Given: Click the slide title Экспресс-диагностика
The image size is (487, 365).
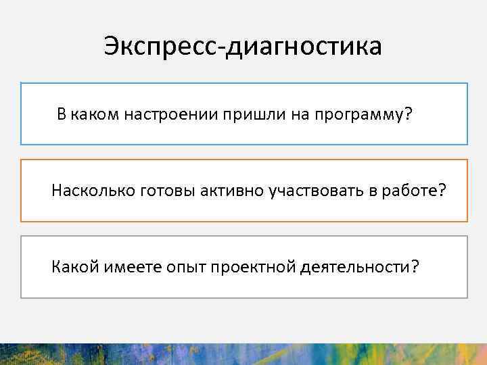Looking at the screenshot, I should pyautogui.click(x=243, y=47).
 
